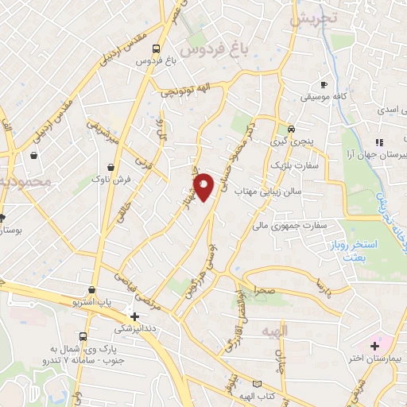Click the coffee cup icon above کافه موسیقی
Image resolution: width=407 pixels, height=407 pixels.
point(324,84)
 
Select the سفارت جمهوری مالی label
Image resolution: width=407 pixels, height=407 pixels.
point(308,226)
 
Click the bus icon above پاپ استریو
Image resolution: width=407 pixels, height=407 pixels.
point(94,291)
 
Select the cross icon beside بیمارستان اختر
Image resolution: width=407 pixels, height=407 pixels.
point(374,347)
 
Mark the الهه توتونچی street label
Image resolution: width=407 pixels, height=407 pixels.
point(187,91)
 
